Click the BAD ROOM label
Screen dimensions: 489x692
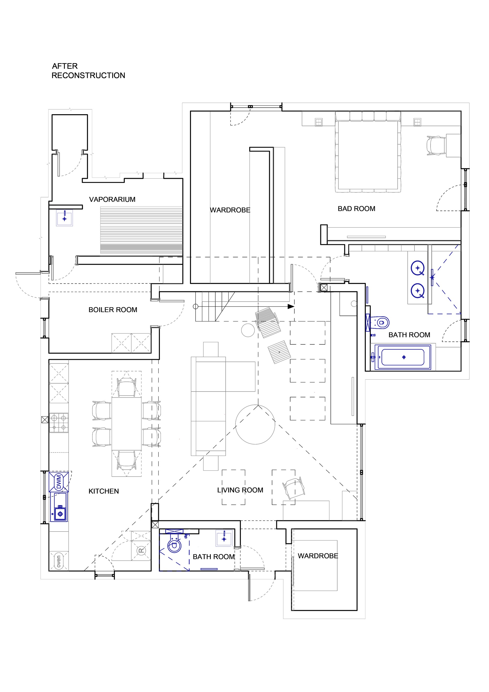coord(356,209)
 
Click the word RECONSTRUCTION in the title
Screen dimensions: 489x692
coord(88,75)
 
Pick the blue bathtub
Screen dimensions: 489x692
coord(403,357)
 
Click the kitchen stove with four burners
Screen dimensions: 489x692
coord(59,422)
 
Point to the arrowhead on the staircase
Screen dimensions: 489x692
coord(291,306)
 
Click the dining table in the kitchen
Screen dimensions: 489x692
coord(127,424)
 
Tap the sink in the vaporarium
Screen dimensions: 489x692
coord(65,218)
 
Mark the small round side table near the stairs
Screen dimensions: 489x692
coord(248,330)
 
